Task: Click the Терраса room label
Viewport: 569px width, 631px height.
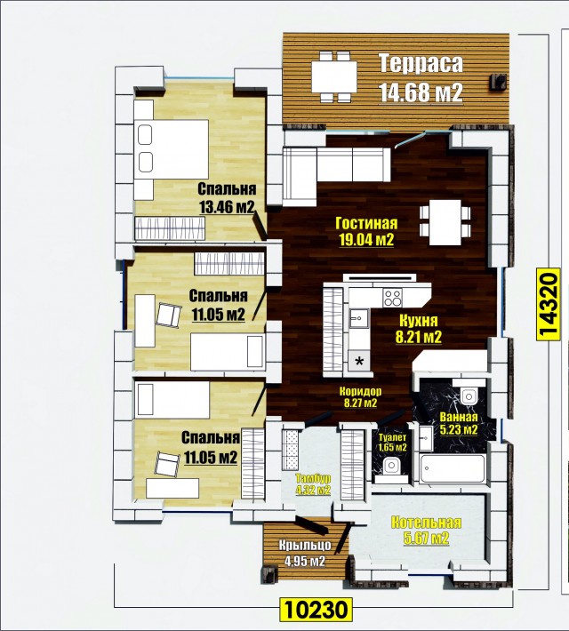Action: [421, 64]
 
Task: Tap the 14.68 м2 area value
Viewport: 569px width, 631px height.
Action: [421, 92]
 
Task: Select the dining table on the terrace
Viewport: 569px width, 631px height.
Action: [333, 76]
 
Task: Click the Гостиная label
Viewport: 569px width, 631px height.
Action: [366, 223]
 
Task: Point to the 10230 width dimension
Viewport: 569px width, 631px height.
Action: [316, 610]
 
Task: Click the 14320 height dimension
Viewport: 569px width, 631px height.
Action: [549, 304]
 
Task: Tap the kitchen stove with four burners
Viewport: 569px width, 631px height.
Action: [393, 299]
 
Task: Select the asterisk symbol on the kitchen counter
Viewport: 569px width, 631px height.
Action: [359, 361]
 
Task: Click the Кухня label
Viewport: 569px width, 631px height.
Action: [419, 321]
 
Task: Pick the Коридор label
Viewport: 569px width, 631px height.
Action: [360, 391]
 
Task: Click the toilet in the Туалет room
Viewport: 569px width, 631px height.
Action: [390, 467]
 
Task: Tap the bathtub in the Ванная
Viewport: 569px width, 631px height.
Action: [452, 468]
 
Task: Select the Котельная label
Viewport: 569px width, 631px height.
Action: [426, 523]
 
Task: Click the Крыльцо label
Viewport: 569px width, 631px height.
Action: [305, 546]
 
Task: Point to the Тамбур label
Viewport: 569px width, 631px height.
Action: [313, 478]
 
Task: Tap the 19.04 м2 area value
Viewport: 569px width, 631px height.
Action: [366, 240]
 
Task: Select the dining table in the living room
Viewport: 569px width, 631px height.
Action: [445, 222]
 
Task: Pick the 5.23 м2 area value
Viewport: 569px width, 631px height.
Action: [459, 430]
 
